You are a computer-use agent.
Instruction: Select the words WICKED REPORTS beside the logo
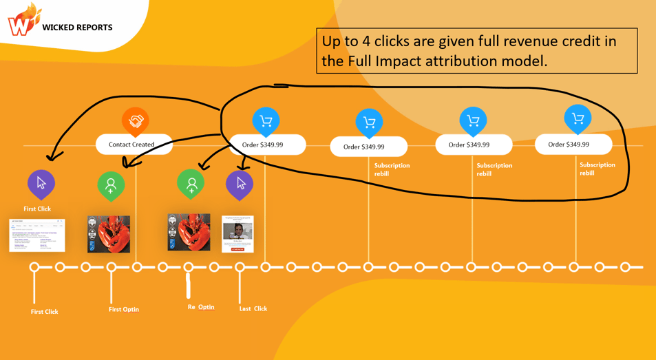point(77,28)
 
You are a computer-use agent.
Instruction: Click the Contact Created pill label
point(132,145)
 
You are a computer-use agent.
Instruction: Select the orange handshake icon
point(136,121)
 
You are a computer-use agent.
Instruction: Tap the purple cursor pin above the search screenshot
point(41,183)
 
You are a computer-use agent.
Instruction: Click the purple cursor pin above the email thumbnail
point(240,184)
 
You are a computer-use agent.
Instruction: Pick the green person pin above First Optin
point(111,185)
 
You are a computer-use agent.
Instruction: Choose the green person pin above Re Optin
point(191,184)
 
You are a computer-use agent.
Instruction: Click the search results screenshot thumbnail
point(36,235)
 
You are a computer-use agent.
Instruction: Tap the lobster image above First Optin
point(109,234)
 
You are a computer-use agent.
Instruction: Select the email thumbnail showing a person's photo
point(237,234)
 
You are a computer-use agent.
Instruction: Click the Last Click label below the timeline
point(253,308)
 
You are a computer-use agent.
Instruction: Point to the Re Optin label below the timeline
point(201,307)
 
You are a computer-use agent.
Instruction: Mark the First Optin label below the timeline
point(124,309)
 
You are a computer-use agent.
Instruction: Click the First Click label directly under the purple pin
point(37,209)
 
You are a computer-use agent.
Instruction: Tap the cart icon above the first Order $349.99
point(266,121)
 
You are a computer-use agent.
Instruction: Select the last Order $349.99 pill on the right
point(573,145)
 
